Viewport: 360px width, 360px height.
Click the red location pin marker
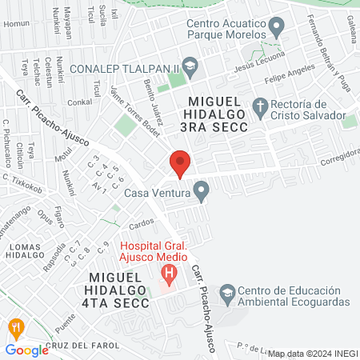180,163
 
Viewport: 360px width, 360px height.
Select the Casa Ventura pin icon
202,192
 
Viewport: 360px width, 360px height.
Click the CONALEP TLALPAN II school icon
190,66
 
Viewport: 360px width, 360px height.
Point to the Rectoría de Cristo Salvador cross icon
260,106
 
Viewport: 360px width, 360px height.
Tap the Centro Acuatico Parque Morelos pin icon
277,30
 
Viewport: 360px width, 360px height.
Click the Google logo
26,350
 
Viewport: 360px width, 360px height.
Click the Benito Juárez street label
154,102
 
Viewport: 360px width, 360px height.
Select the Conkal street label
80,102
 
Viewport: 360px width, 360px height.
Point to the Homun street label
16,23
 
